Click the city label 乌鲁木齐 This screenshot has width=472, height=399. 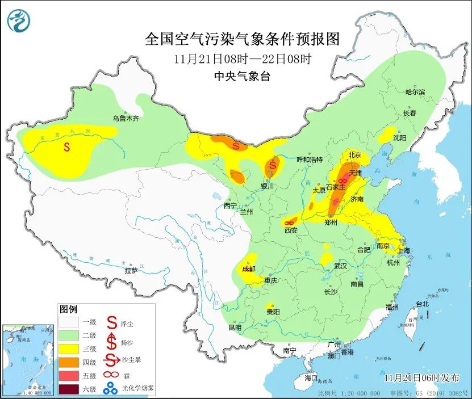tap(125, 119)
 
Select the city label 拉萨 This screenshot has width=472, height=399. tap(131, 271)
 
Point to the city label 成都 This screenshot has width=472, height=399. tap(249, 269)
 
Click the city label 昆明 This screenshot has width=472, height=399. tap(235, 327)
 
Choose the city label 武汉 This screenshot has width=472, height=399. tap(340, 266)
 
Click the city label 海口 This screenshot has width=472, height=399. tap(311, 377)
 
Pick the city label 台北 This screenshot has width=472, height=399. tap(423, 304)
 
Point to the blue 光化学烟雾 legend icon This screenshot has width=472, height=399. tap(111, 389)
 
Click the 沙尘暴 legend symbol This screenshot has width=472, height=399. tap(111, 360)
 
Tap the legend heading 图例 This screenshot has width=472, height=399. tap(68, 310)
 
